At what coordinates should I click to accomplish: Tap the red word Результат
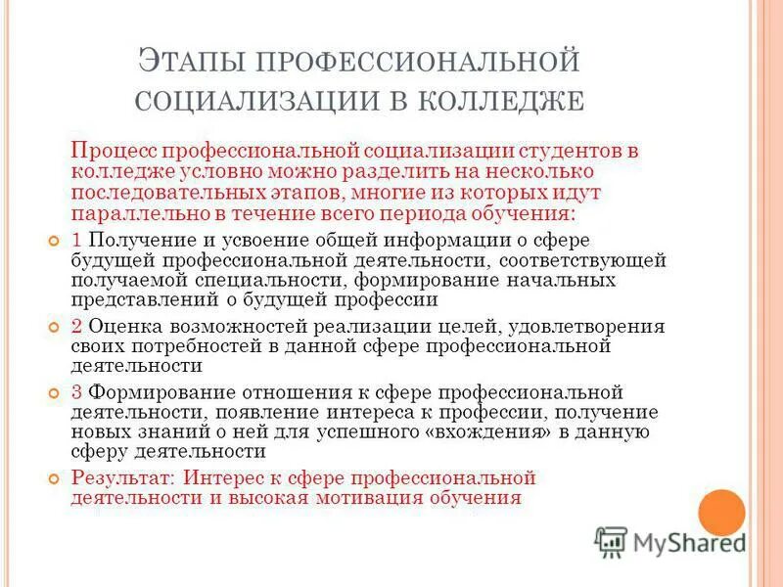click(123, 477)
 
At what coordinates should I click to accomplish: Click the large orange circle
click(722, 512)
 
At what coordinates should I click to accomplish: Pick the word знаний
click(171, 431)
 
